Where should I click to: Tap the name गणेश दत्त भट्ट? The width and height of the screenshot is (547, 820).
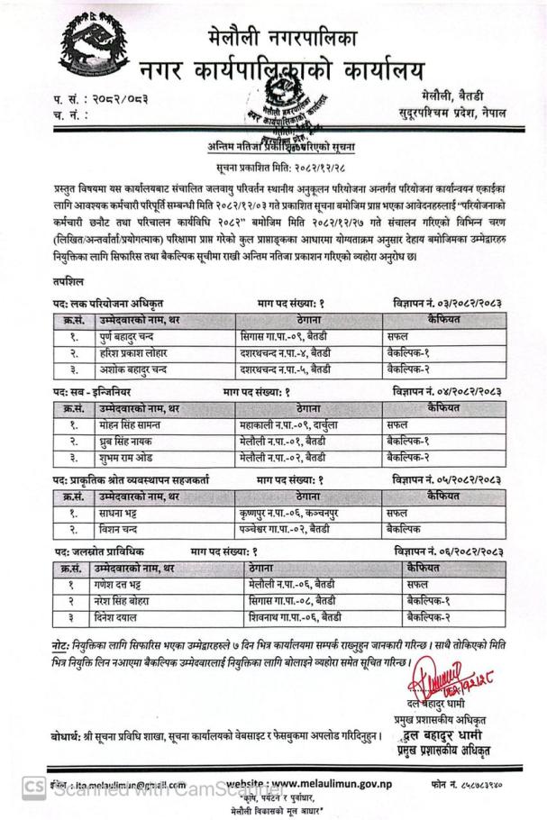125,584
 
